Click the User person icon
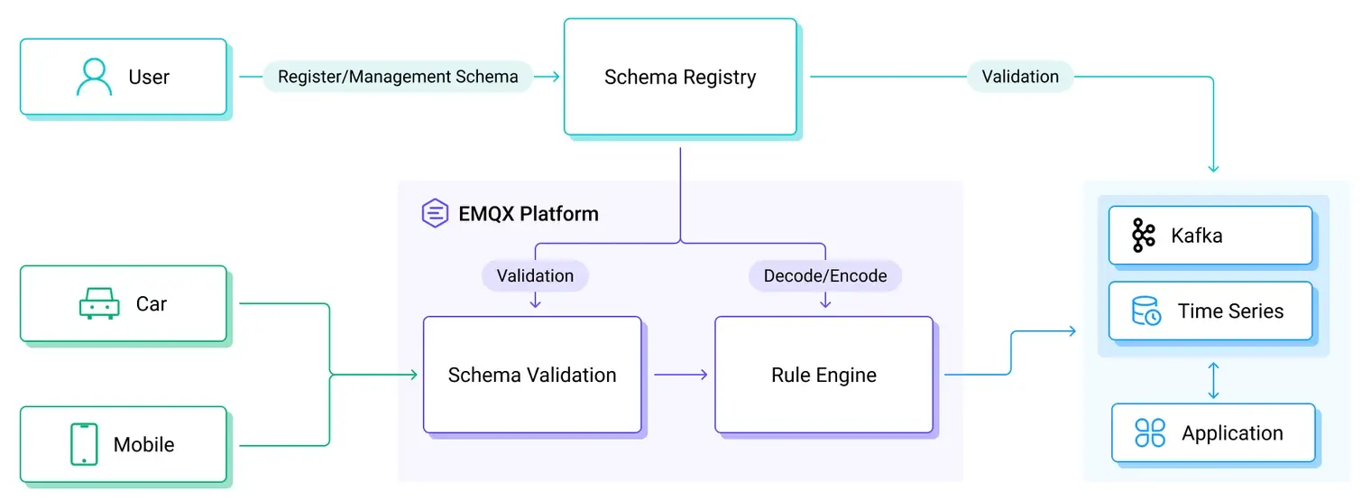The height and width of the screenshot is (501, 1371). (x=94, y=77)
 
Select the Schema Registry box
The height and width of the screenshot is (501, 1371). (x=680, y=77)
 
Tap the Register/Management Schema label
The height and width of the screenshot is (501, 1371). (x=398, y=77)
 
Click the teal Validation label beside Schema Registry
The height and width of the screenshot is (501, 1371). (x=1020, y=77)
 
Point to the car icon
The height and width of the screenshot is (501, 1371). (x=99, y=304)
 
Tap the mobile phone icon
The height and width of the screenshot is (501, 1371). (x=84, y=444)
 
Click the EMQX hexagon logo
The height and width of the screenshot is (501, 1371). (x=436, y=214)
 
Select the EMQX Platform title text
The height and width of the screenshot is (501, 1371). (x=529, y=214)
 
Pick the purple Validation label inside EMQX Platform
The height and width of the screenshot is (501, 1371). (x=535, y=275)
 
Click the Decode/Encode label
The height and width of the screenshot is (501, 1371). (x=825, y=275)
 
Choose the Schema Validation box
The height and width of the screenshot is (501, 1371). (x=532, y=375)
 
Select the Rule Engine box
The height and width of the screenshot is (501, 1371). (x=824, y=375)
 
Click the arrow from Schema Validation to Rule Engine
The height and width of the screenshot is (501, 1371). (x=680, y=375)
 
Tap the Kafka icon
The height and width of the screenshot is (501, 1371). (x=1144, y=236)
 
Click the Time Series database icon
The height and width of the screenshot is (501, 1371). (x=1146, y=311)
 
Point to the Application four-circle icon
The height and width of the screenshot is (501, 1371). (x=1150, y=433)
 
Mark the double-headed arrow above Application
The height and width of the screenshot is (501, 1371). (x=1213, y=380)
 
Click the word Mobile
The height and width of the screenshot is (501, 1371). (x=143, y=444)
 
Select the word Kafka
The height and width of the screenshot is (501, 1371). (x=1197, y=236)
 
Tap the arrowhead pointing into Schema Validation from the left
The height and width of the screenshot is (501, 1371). (x=414, y=375)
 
